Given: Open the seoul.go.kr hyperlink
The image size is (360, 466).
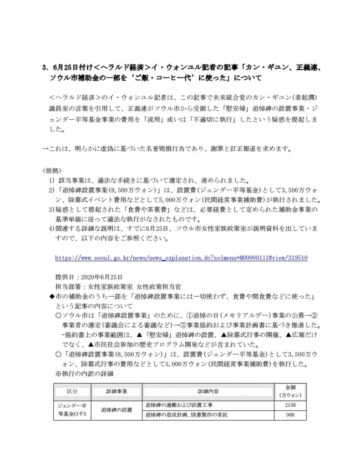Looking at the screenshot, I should point(181,258).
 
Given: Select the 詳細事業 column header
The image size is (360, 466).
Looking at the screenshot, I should point(116,391).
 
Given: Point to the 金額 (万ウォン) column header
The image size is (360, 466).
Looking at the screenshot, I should point(289,391).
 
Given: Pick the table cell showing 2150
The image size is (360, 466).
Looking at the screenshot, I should point(289,405).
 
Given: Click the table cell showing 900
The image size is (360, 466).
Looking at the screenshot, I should point(289,415).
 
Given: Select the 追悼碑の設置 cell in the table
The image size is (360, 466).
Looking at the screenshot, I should point(116,410).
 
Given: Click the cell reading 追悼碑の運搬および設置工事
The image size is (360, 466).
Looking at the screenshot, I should point(178,405).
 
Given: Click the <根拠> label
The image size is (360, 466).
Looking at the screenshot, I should point(50,171).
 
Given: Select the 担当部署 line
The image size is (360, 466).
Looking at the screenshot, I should point(118,287).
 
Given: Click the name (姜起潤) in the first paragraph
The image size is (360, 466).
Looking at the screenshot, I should point(297,98).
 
